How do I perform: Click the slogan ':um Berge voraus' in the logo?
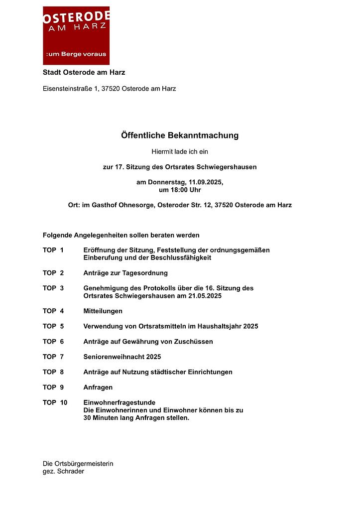[x=76, y=54]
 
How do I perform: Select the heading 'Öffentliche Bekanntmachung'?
[x=180, y=135]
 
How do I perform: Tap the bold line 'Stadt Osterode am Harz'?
[x=84, y=73]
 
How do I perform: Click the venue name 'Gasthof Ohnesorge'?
[x=123, y=205]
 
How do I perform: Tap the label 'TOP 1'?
[x=53, y=250]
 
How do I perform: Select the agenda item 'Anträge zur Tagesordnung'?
[x=125, y=273]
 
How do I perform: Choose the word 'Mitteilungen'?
[x=103, y=311]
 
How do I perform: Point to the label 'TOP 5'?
[x=53, y=326]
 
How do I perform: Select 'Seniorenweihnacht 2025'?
[x=122, y=357]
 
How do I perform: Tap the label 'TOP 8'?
[x=53, y=372]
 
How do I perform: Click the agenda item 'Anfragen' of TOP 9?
[x=98, y=387]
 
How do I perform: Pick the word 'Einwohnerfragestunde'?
[x=120, y=402]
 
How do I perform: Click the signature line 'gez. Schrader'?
[x=63, y=471]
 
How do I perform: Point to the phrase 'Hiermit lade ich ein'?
[x=180, y=151]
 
